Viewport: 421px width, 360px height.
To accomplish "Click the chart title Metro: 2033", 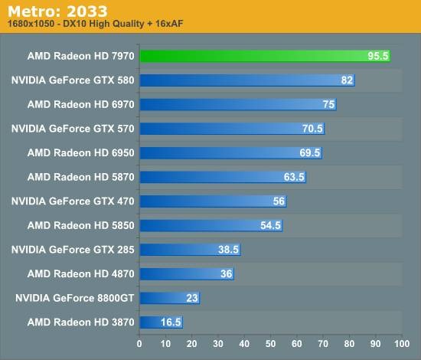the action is click(57, 11).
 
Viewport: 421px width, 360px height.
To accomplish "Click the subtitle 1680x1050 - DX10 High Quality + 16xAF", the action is click(96, 24).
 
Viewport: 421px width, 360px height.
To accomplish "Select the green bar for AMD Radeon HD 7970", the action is click(266, 56).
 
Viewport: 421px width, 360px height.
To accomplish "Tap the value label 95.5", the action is click(378, 56).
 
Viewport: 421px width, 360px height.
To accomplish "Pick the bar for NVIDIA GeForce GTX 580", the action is click(247, 80).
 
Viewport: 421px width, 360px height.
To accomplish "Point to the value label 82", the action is click(347, 80).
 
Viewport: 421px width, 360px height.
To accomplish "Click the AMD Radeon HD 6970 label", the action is click(80, 104).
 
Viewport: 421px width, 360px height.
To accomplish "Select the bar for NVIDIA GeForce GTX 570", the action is click(232, 129).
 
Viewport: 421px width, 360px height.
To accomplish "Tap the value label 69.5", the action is click(309, 152).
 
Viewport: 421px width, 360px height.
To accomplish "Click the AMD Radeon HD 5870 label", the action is click(80, 177).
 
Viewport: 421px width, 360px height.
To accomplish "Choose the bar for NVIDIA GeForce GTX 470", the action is click(214, 201).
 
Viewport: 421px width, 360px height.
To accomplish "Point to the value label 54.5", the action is click(270, 225).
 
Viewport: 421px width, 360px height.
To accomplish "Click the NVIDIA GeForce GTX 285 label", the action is click(73, 250).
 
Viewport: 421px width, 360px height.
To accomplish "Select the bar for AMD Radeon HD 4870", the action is click(187, 273).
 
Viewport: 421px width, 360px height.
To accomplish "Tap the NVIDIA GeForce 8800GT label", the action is click(75, 298).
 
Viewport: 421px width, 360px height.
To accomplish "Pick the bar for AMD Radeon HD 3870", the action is click(162, 322).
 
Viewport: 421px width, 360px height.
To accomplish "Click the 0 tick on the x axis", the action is click(139, 344).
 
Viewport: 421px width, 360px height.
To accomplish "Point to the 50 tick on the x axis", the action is click(270, 344).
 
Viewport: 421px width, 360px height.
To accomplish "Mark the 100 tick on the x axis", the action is click(402, 344).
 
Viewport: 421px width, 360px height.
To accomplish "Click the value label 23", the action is click(192, 298).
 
